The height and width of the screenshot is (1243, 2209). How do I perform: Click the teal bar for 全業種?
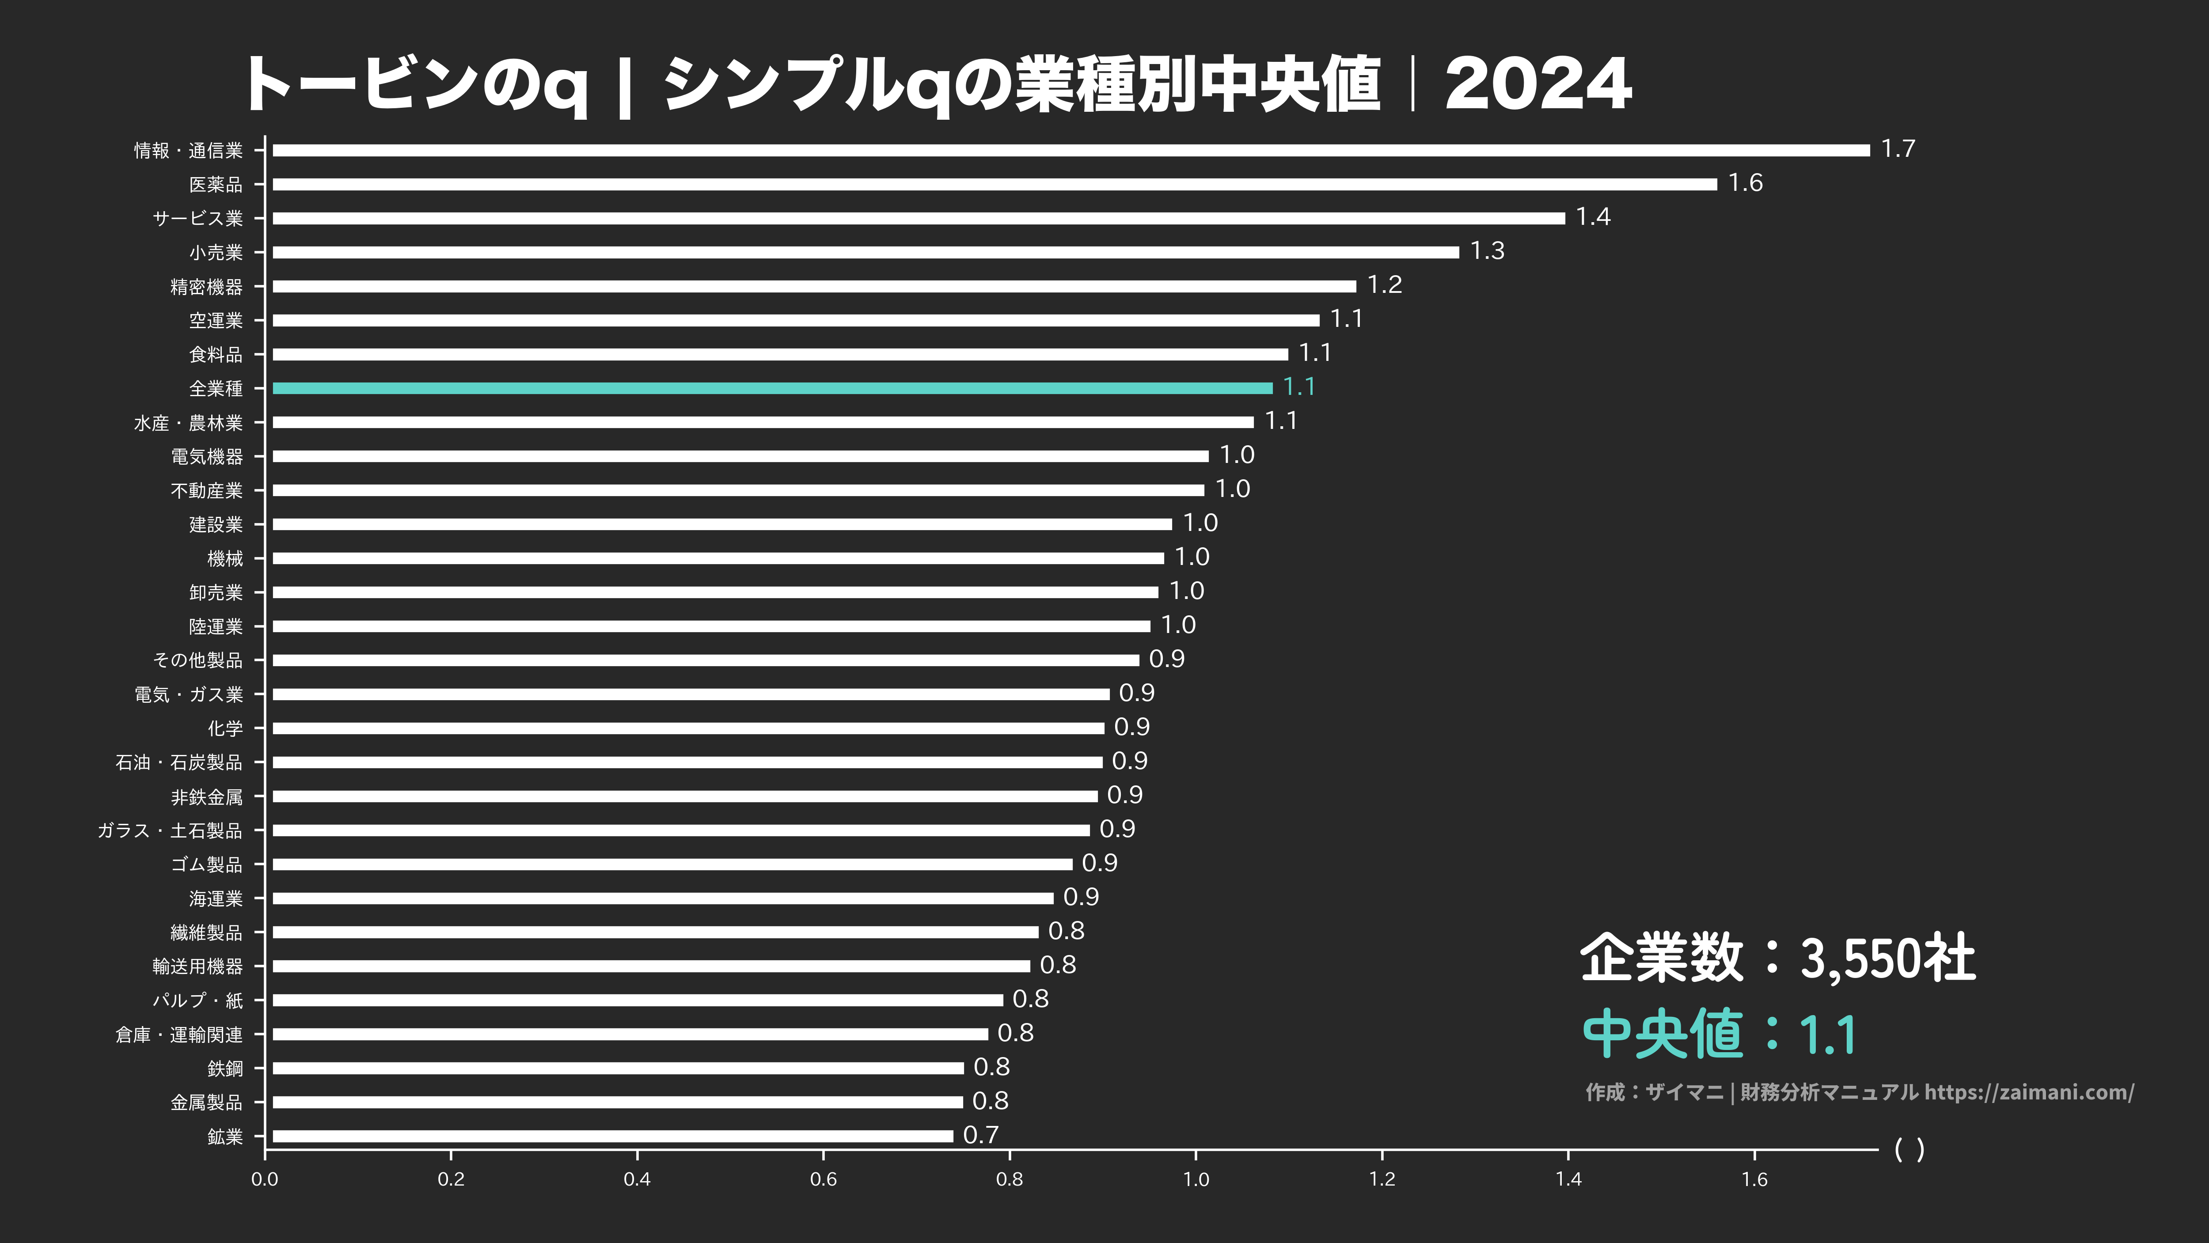coord(772,388)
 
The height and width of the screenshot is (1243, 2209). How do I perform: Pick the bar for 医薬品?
coord(995,184)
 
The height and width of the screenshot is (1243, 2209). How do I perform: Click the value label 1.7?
coord(1898,149)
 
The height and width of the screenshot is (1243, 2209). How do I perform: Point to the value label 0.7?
coord(981,1135)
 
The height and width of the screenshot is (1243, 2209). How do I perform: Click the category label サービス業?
coord(198,219)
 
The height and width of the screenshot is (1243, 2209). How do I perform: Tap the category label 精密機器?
coord(207,286)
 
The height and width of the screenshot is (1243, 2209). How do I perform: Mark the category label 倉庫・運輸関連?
coord(179,1035)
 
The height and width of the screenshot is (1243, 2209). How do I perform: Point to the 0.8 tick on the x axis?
coord(1010,1179)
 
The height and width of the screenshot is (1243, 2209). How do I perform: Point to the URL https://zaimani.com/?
coord(2029,1092)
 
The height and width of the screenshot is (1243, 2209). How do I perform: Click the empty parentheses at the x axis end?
coord(1909,1149)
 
